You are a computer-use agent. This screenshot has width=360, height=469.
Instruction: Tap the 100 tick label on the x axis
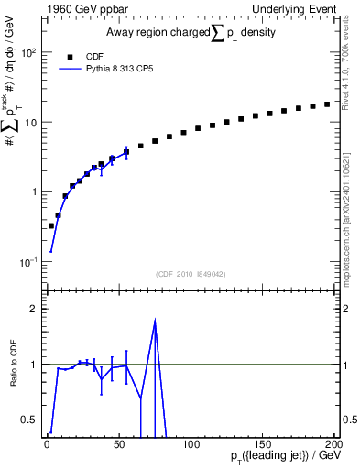[191, 444]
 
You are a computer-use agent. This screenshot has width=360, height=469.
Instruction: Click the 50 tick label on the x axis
[118, 444]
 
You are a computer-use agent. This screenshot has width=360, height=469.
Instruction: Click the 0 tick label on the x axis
[47, 444]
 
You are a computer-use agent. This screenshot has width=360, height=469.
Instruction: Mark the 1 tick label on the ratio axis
[33, 365]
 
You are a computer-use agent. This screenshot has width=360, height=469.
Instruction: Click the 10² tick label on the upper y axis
[27, 52]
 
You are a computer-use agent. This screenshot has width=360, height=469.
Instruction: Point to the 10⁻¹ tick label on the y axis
[27, 262]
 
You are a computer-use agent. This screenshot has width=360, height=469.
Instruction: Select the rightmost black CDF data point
[327, 104]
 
